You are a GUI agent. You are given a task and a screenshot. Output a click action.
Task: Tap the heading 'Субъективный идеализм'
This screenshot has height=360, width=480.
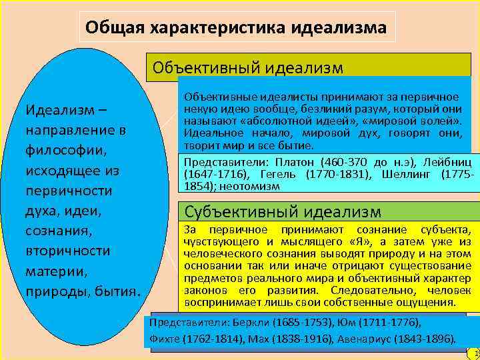pyautogui.click(x=283, y=212)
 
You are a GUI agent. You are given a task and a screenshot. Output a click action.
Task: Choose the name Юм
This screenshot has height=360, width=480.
pyautogui.click(x=349, y=323)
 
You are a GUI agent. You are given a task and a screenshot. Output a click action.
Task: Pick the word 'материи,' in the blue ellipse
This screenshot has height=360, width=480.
pyautogui.click(x=53, y=272)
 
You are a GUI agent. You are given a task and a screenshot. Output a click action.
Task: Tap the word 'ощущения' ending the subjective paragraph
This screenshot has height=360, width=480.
pyautogui.click(x=428, y=302)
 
